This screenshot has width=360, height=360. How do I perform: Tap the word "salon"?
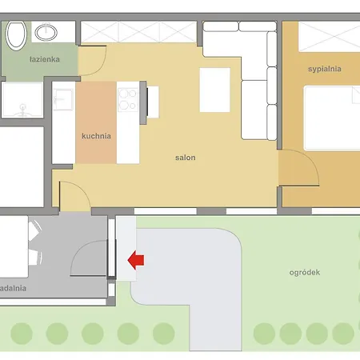(186, 158)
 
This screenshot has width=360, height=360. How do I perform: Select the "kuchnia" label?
(96, 136)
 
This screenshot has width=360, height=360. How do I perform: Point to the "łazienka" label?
(23, 58)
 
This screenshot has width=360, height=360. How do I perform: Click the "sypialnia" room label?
(324, 69)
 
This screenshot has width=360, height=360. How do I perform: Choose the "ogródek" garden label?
(305, 272)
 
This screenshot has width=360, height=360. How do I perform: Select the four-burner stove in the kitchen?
(128, 98)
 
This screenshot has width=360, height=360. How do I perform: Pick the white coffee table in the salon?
(214, 90)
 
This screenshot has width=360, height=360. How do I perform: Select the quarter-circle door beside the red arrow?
(90, 259)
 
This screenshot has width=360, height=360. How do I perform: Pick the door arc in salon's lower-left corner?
(72, 195)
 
